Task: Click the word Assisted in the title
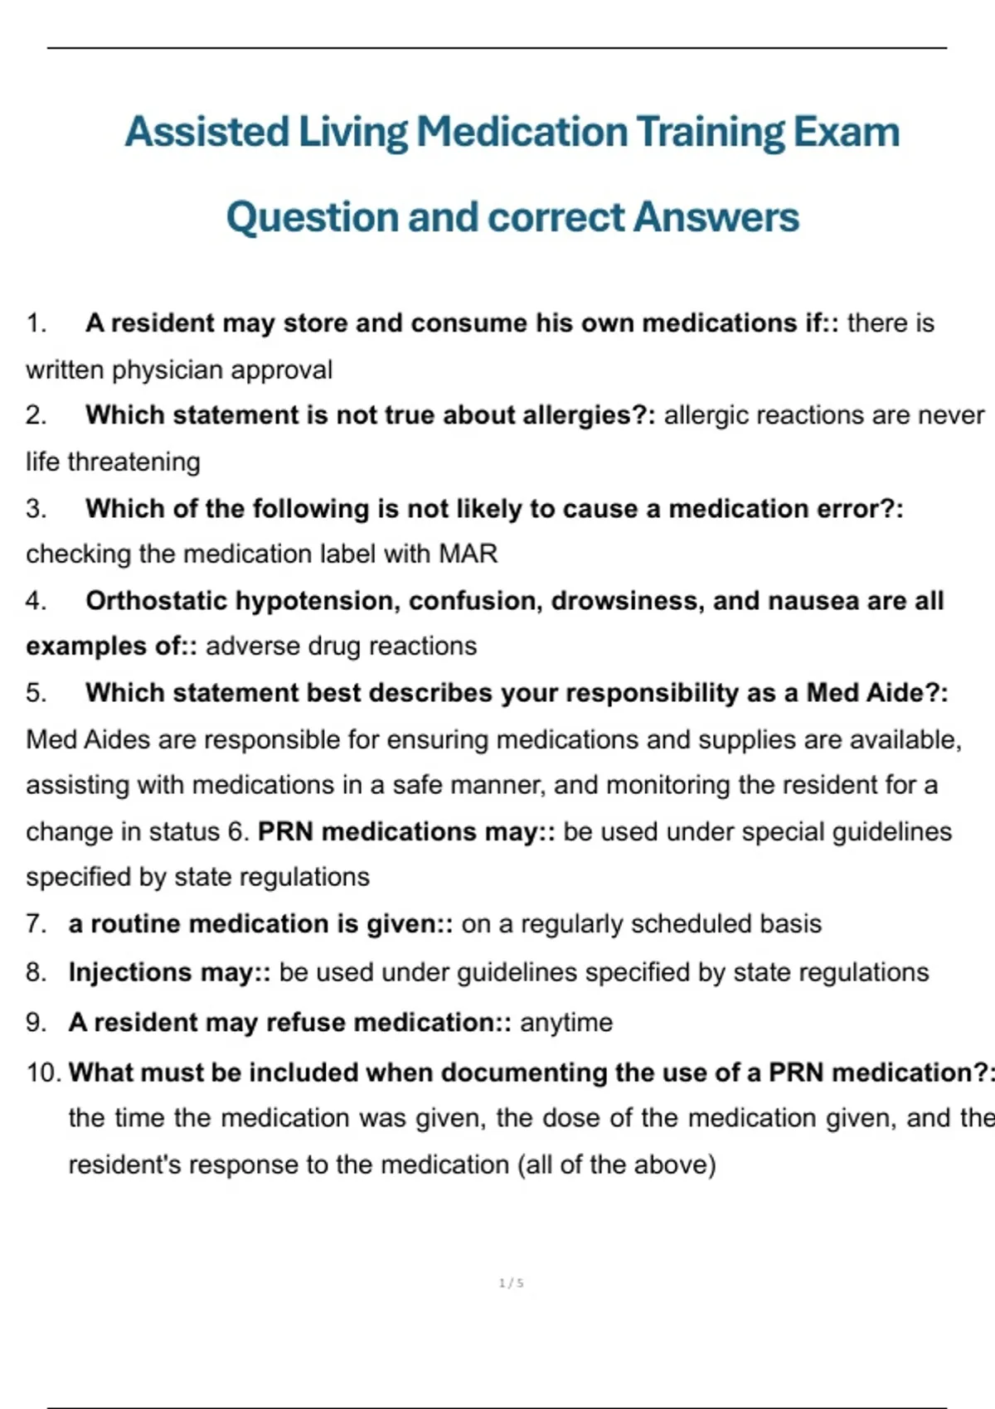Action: (206, 132)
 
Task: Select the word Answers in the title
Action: (716, 217)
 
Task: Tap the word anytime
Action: (566, 1022)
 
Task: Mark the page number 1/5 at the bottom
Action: (511, 1283)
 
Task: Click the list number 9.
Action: (35, 1022)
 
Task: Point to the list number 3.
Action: (35, 508)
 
